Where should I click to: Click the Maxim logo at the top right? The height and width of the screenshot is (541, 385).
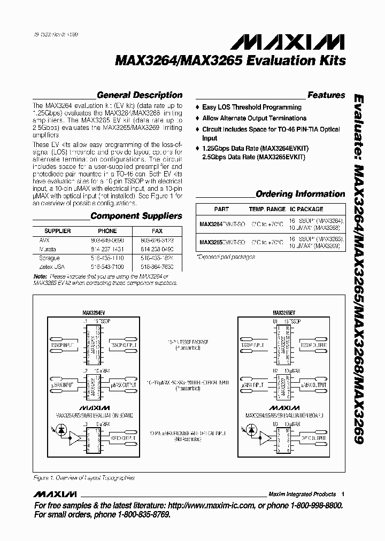tap(306, 41)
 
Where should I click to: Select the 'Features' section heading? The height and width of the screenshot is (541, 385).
tap(326, 95)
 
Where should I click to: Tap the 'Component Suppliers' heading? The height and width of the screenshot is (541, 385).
tap(136, 216)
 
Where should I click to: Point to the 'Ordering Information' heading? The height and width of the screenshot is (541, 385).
tap(300, 194)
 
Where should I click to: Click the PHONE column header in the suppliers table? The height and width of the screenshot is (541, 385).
tap(107, 231)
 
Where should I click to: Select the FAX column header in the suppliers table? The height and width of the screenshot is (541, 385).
tap(157, 231)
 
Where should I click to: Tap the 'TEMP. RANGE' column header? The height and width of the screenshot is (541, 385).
tap(267, 210)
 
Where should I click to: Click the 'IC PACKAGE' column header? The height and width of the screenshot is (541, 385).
tap(306, 210)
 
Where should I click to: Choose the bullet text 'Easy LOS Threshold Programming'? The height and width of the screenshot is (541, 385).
tap(251, 107)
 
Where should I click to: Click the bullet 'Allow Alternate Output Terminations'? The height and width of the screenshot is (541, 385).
tap(254, 118)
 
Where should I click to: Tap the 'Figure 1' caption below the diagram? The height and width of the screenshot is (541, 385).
tap(83, 478)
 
